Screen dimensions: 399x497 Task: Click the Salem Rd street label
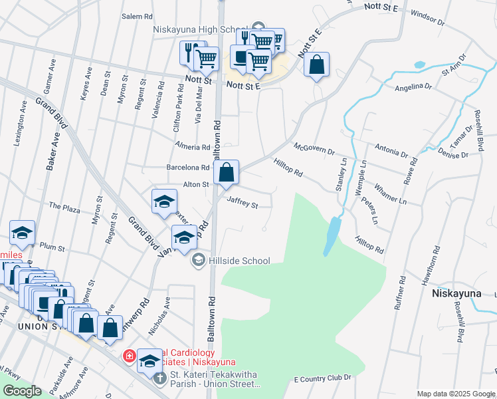(137, 16)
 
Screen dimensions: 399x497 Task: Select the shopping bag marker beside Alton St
(227, 172)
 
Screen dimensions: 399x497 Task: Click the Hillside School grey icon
(197, 261)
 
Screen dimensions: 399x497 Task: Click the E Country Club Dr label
(322, 378)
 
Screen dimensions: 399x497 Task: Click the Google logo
(22, 391)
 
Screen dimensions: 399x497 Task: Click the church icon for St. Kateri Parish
(159, 379)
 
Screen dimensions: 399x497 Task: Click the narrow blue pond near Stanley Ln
(331, 236)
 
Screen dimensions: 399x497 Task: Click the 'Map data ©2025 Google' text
(456, 394)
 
